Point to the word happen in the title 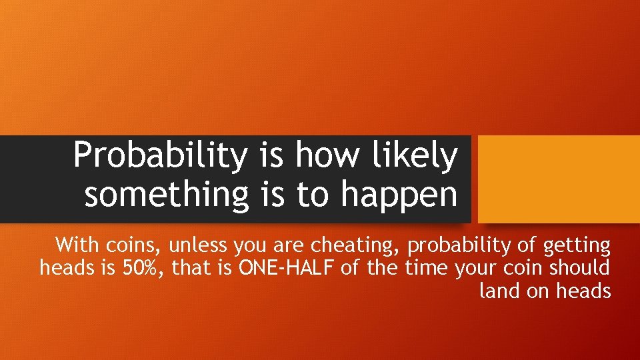(399, 195)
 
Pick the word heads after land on (585, 291)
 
